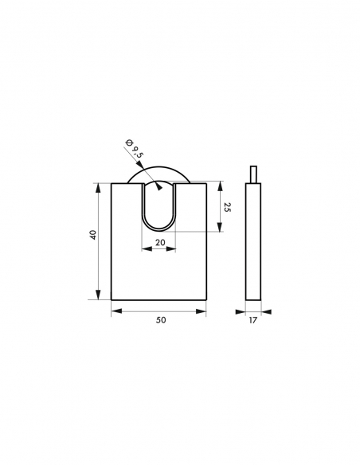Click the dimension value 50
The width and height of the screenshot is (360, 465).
(x=161, y=319)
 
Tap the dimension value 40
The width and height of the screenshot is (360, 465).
(x=93, y=235)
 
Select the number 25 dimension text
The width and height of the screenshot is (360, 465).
(x=228, y=206)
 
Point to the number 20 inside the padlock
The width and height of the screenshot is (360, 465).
(x=160, y=242)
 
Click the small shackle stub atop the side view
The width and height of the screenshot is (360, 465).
(x=253, y=174)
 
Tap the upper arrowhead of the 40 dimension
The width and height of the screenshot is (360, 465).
(x=100, y=186)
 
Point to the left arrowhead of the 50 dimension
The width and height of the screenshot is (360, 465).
(x=115, y=311)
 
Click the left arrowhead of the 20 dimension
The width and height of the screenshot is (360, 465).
(x=145, y=249)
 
